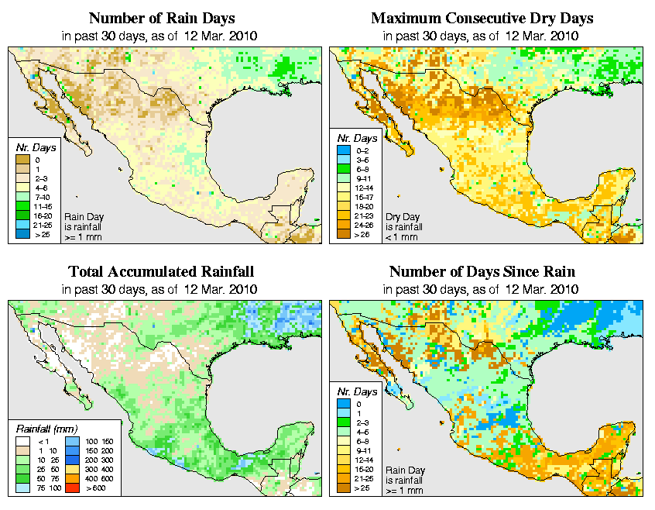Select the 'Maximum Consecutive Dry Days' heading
click(x=482, y=18)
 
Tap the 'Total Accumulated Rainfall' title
click(x=161, y=272)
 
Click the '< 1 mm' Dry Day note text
click(x=403, y=237)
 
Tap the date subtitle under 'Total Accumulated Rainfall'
click(x=161, y=289)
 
